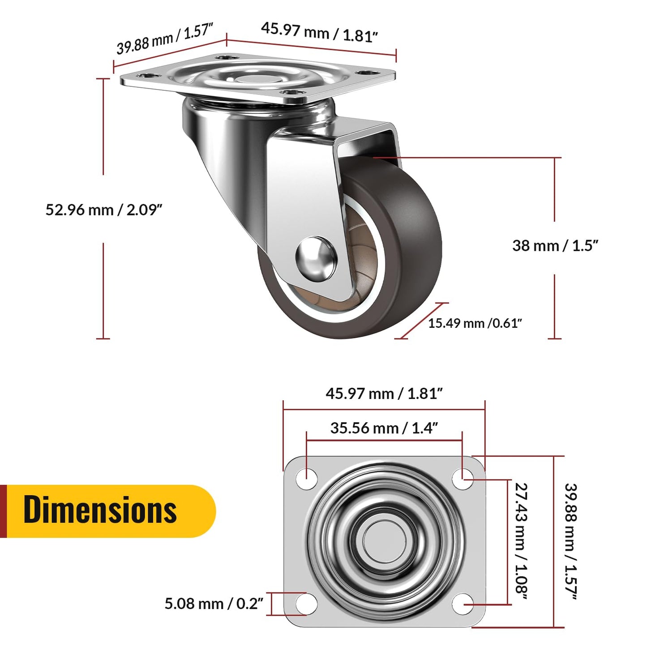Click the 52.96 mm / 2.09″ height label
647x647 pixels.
[x=103, y=210]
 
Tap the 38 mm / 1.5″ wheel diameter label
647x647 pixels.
[x=555, y=246]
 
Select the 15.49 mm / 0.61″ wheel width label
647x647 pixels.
[x=475, y=323]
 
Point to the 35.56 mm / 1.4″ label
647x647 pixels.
[x=384, y=428]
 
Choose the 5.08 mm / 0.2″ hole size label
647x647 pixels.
[x=214, y=604]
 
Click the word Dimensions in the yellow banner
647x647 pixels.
[x=100, y=510]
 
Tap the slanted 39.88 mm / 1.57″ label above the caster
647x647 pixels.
[x=164, y=39]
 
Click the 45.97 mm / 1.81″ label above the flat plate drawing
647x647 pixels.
[x=384, y=394]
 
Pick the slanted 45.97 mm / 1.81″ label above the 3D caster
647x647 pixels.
[x=319, y=32]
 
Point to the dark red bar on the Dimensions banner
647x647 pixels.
[x=3, y=511]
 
